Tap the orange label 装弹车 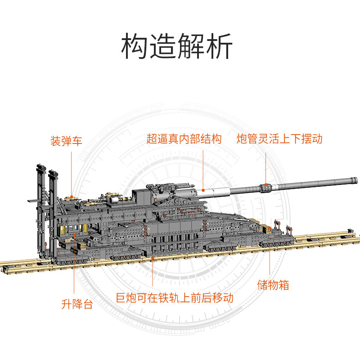click(67, 141)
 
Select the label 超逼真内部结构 click(184, 139)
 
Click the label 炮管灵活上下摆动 click(280, 139)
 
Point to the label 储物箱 click(273, 285)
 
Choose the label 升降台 click(77, 304)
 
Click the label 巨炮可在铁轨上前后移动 click(175, 298)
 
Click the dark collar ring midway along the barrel click(265, 185)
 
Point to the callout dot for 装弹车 click(72, 197)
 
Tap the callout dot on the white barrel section click(203, 190)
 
